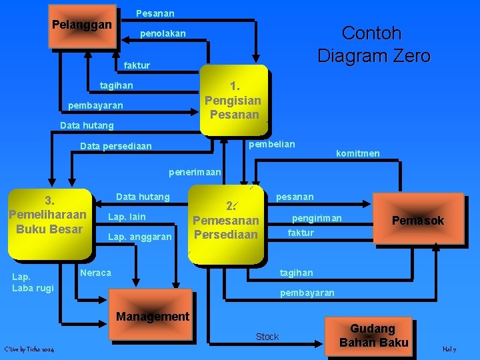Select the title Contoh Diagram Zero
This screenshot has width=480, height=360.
373,44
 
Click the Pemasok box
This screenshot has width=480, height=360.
418,221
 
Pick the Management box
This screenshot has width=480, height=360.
152,316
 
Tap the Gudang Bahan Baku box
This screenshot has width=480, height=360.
373,335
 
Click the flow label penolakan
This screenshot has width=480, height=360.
163,33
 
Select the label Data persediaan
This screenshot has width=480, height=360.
115,146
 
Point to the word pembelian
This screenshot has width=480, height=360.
271,144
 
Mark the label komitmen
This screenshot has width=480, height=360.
358,153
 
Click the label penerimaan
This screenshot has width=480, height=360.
195,172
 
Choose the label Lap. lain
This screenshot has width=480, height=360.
127,217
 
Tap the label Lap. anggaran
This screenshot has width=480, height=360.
140,237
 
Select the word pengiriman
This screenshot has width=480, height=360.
317,218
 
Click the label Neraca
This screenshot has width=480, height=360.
95,273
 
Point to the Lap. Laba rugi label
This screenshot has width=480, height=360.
33,283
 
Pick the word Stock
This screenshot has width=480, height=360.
267,337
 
